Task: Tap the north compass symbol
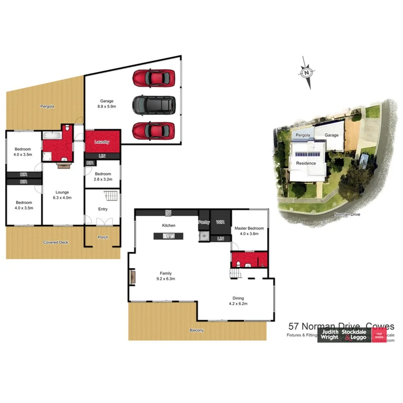coord(306,73)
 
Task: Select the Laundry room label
coord(102,142)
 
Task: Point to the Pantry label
coord(204,222)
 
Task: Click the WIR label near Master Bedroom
coord(220,222)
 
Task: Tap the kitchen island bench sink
coord(169,236)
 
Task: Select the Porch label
coord(102,237)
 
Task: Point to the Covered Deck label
coord(56,243)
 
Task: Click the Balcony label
coord(196,330)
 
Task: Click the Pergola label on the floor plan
coord(47,106)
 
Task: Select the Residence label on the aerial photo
coord(306,163)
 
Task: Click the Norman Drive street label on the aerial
coord(348,214)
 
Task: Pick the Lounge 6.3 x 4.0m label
coord(62,195)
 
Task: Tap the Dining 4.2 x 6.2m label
coord(238,301)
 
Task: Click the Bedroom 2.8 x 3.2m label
coord(103,176)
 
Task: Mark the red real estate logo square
coord(380,334)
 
